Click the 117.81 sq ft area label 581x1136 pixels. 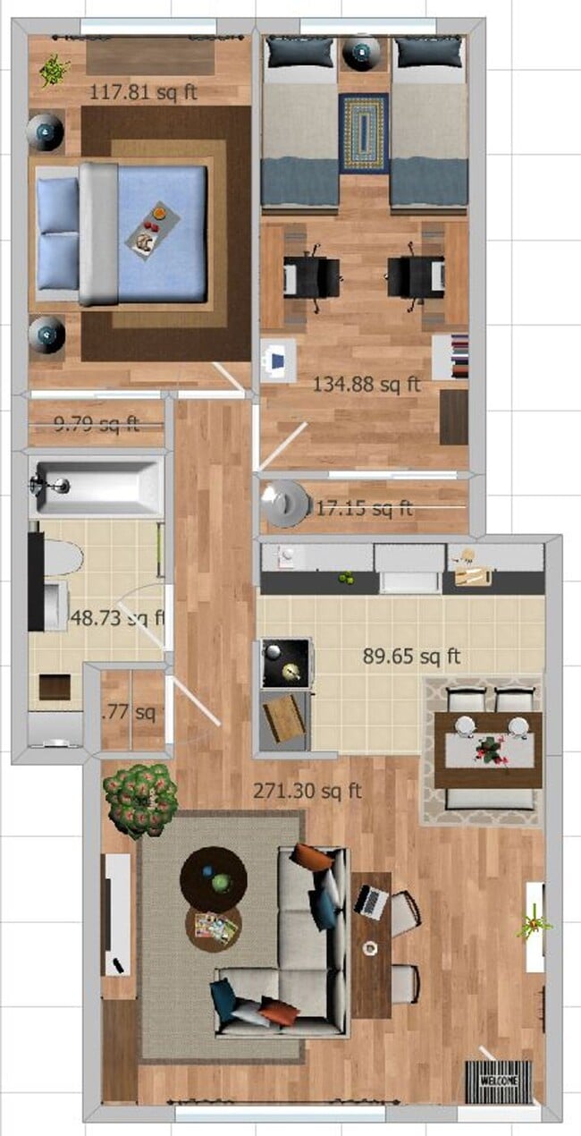(143, 91)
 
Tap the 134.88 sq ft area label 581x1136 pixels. (366, 385)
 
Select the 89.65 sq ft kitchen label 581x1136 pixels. (411, 657)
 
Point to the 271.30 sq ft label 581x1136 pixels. (307, 791)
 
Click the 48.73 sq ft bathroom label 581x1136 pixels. (117, 617)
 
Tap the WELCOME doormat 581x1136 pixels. (498, 1081)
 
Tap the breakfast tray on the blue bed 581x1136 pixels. (153, 228)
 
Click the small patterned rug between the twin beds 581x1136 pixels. (364, 132)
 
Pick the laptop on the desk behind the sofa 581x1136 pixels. (370, 901)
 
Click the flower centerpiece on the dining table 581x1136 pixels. (489, 749)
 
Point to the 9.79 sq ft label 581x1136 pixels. (97, 424)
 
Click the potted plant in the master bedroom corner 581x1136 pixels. (54, 69)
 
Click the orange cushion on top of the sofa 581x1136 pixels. (309, 856)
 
